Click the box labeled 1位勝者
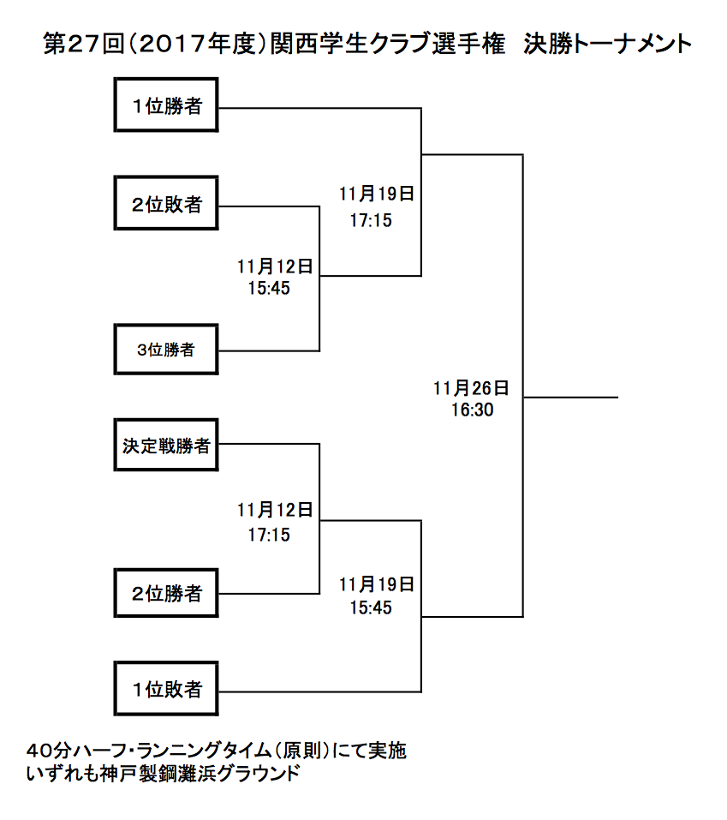coord(165,105)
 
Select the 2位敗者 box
coord(165,203)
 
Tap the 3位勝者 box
coord(165,350)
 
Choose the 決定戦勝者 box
coord(165,445)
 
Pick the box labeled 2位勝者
coord(165,593)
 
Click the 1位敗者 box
coord(165,689)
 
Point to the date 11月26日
coord(472,388)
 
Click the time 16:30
coord(473,410)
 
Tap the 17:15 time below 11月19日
coord(371,220)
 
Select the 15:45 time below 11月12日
coord(269,288)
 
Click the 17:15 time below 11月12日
coord(269,535)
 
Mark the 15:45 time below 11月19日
coord(371,608)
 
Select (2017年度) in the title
coord(197,44)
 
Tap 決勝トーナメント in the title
coord(608,44)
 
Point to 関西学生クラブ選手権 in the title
coord(388,44)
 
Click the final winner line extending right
coord(571,398)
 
